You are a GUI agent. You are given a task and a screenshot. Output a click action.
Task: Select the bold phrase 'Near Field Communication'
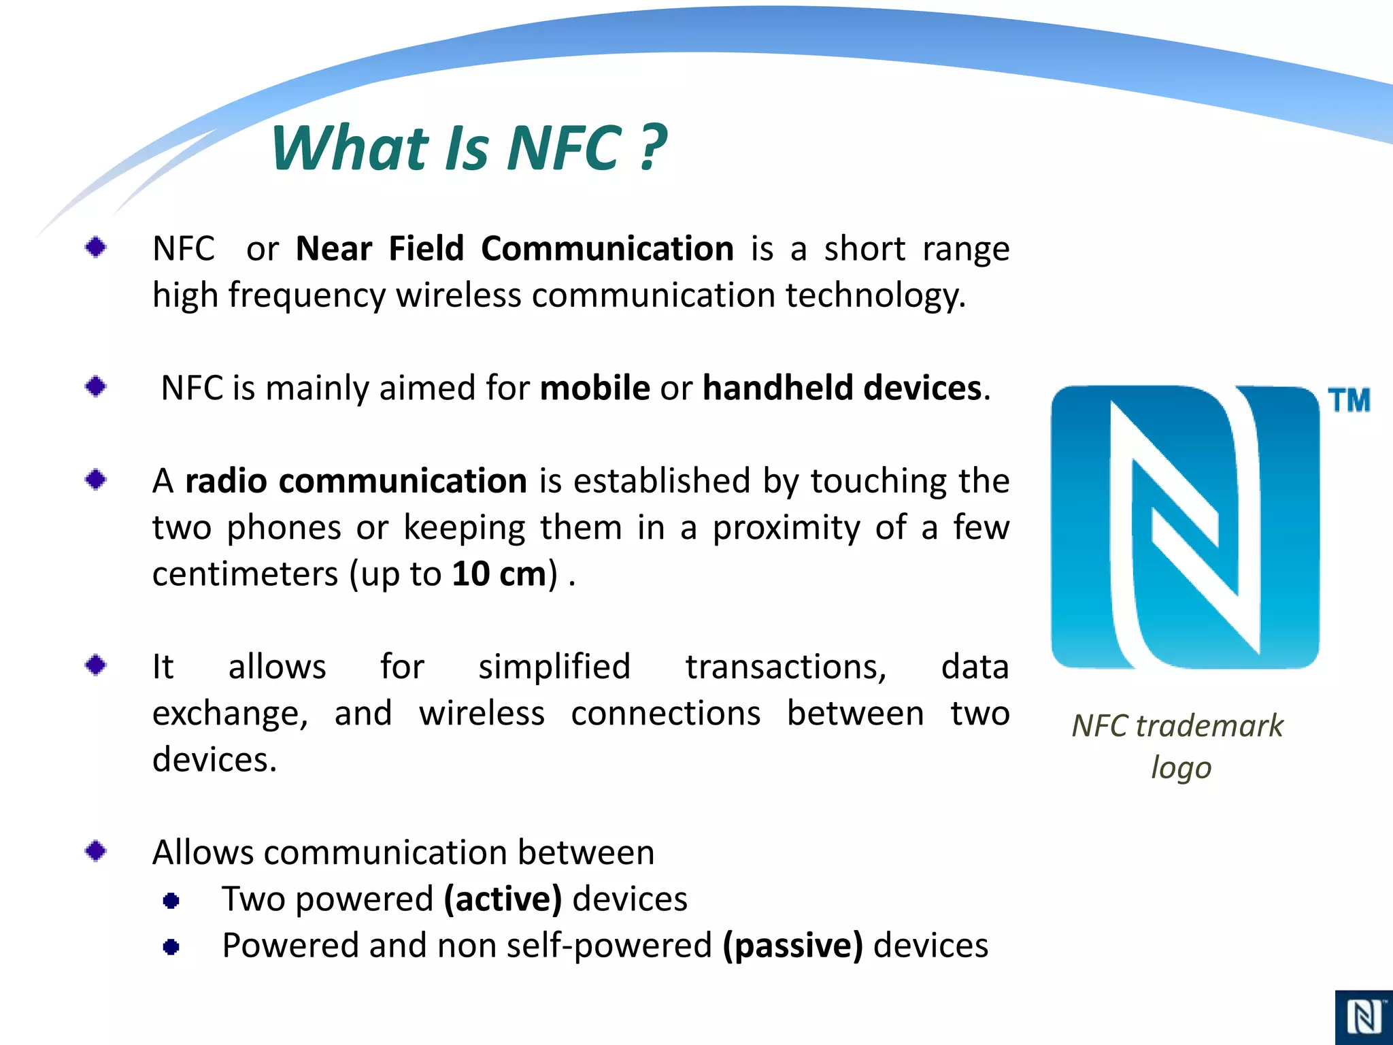(515, 249)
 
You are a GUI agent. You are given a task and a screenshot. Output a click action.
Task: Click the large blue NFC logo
(1185, 527)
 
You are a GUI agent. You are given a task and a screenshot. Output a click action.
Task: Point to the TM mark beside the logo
(1349, 401)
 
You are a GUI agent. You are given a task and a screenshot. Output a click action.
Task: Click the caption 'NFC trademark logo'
(1178, 746)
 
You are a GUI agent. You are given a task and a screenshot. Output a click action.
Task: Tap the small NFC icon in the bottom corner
(1364, 1017)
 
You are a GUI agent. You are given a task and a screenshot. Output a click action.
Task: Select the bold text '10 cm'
(499, 574)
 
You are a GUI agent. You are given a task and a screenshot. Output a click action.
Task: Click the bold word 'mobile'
(594, 388)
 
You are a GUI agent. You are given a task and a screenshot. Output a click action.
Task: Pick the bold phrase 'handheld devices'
(842, 388)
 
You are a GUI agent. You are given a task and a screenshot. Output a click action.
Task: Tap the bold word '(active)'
(503, 899)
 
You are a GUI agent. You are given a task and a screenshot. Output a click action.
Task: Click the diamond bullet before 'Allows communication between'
(96, 850)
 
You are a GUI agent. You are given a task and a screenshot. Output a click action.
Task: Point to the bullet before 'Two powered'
(171, 901)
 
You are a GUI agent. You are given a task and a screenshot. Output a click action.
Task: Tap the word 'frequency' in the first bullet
(307, 296)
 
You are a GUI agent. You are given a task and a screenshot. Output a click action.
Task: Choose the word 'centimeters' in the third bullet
(245, 574)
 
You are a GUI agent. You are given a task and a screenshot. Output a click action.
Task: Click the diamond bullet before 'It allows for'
(96, 665)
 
